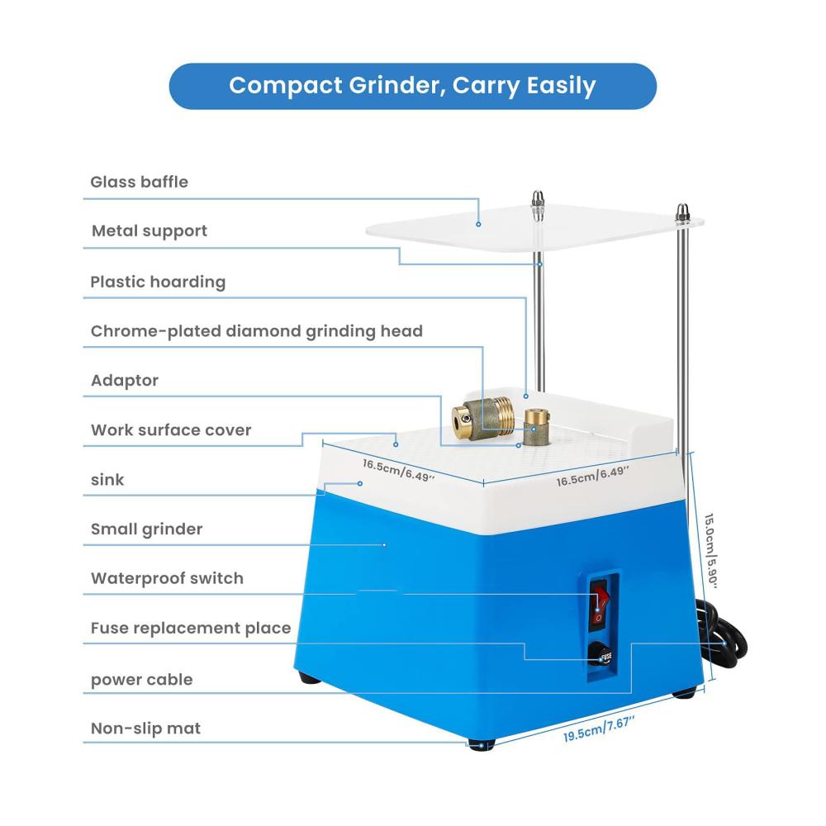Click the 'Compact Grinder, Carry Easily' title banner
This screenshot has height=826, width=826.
(412, 86)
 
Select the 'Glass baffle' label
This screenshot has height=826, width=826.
(139, 182)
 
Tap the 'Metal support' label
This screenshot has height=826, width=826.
(149, 230)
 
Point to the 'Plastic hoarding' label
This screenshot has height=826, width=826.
(158, 282)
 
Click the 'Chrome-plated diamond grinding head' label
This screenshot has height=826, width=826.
(257, 331)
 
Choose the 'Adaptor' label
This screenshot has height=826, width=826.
(125, 380)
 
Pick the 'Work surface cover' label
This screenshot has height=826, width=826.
(171, 430)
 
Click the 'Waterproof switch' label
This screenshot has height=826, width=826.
(167, 578)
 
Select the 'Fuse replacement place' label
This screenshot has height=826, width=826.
(191, 628)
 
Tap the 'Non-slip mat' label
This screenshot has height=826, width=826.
(145, 728)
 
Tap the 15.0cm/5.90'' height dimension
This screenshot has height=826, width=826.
(711, 551)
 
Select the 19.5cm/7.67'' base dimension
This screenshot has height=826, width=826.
(598, 729)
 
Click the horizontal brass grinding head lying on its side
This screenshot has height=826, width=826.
(482, 418)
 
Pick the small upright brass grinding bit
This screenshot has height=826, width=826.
(537, 426)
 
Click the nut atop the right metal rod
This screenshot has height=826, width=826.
(683, 213)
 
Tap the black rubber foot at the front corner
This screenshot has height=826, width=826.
(481, 744)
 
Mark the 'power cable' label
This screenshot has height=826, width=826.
(142, 680)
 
